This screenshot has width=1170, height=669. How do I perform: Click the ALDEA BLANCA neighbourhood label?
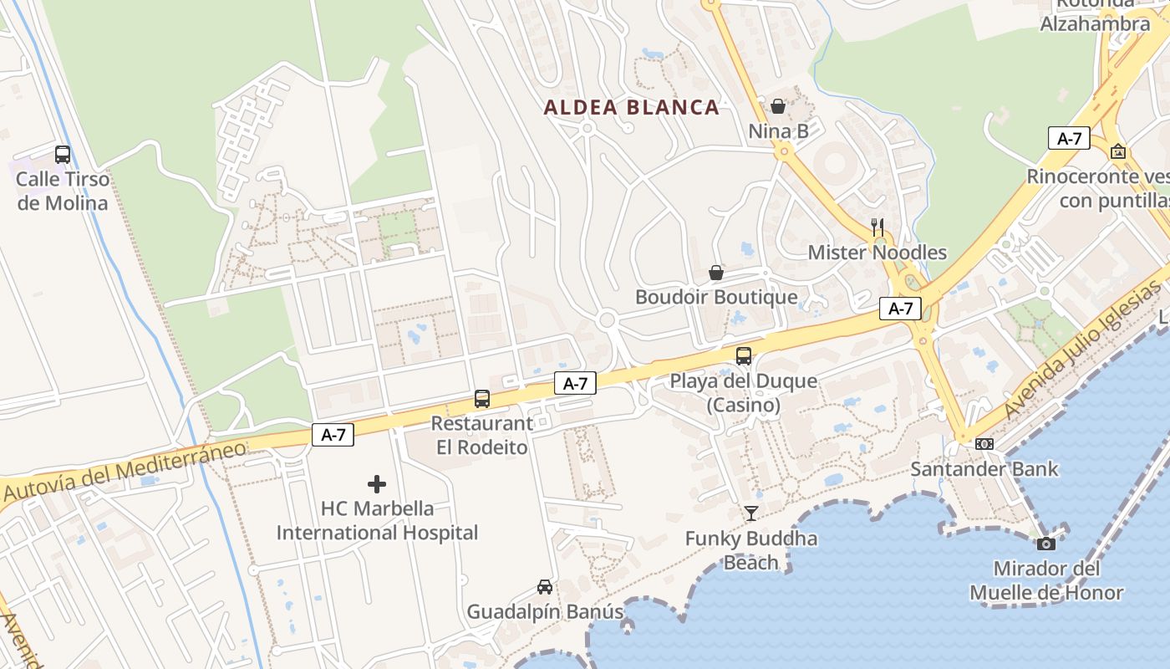point(631,107)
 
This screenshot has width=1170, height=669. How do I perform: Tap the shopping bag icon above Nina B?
point(778,106)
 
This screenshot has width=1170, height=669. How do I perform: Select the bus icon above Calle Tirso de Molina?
point(63,155)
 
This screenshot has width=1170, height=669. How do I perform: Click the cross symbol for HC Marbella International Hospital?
point(377,483)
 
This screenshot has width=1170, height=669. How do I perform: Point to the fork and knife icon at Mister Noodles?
point(877,227)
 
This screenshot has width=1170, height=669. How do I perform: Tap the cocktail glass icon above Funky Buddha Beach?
point(751,513)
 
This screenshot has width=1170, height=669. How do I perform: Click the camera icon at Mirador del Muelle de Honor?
point(1045,544)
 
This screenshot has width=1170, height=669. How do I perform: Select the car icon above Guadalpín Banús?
point(545,587)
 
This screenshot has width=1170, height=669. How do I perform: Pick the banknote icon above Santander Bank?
point(984,444)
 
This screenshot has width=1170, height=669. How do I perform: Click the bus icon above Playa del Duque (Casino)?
point(744,356)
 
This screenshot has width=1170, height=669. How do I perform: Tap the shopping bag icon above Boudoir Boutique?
point(716,273)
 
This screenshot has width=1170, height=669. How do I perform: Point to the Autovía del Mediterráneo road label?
point(125,471)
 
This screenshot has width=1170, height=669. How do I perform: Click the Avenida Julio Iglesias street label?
point(1082,351)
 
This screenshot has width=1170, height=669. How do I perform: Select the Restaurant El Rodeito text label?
point(481,436)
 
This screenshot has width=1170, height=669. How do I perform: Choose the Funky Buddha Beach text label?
point(751,550)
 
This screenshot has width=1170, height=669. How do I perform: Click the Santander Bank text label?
point(984,468)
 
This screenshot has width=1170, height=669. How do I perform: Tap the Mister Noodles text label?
point(877,253)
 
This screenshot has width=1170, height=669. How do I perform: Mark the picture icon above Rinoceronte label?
point(1118,151)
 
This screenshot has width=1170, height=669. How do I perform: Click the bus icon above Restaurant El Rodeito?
point(482,399)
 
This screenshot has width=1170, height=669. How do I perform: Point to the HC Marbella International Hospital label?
point(377,520)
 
